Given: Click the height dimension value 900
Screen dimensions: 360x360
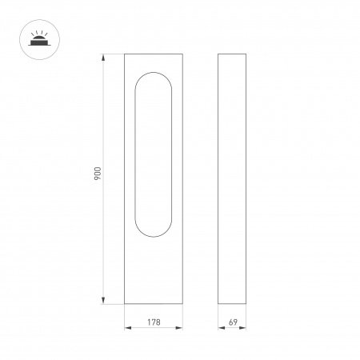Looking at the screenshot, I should click(96, 178).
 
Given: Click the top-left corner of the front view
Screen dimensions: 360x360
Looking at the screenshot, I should click(125, 54).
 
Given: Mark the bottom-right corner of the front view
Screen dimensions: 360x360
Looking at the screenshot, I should click(182, 304).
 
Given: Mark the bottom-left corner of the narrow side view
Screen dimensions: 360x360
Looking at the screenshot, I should click(219, 304).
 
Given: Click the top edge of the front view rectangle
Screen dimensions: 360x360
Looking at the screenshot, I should click(154, 54).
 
